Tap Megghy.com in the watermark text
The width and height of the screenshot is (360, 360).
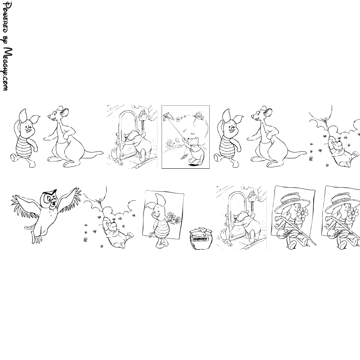8,69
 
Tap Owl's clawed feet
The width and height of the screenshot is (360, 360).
37,239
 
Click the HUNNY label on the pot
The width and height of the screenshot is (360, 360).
201,239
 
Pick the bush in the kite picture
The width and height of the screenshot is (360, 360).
171,144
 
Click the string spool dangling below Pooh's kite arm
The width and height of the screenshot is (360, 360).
184,157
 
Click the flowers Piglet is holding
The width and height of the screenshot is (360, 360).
174,218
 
